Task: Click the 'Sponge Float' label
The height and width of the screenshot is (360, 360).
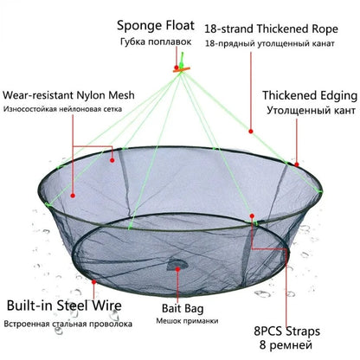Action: tap(156, 26)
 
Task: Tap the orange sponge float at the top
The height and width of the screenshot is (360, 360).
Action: tap(182, 69)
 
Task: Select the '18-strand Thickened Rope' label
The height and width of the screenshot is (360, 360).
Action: tap(271, 29)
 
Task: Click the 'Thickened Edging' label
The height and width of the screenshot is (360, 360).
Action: tap(310, 95)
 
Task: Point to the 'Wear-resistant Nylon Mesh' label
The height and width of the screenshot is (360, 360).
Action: tap(68, 95)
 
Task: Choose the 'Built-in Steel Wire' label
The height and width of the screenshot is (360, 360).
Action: tap(64, 305)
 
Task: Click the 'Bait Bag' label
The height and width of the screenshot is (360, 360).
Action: tap(183, 308)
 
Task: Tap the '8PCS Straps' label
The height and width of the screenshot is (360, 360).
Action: tap(287, 331)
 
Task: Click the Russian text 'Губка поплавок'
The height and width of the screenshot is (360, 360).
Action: tap(156, 42)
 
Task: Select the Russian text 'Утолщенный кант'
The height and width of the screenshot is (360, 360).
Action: tap(311, 111)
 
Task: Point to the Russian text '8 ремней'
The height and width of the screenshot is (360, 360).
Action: tap(286, 345)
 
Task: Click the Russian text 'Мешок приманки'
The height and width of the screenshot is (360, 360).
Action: tap(187, 321)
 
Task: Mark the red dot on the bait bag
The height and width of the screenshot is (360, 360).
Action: tap(177, 269)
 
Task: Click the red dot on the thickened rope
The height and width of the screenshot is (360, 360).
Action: tap(251, 132)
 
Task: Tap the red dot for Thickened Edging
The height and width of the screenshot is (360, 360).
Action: tap(297, 164)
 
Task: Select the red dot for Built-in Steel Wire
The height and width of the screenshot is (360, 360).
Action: tap(93, 282)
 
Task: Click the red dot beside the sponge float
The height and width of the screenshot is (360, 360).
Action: tap(177, 67)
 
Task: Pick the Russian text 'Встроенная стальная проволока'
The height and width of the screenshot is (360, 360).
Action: tap(68, 324)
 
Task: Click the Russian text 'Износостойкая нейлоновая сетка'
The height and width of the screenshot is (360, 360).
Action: tap(62, 109)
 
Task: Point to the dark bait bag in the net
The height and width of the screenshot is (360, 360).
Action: tap(177, 265)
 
